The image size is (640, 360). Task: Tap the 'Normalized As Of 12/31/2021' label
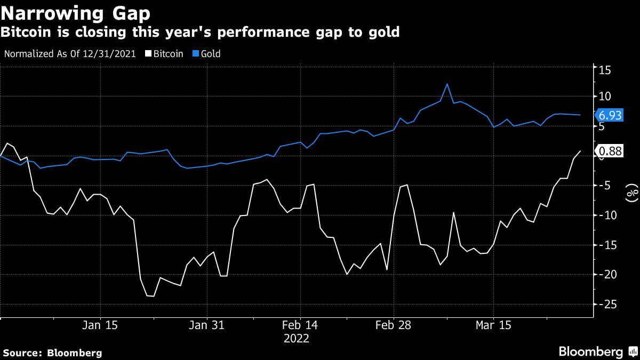69,54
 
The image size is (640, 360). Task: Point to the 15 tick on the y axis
604,70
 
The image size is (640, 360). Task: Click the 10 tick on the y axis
604,97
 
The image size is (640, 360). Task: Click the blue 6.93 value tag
610,115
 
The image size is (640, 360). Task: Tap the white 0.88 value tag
610,151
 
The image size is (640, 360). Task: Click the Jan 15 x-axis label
100,325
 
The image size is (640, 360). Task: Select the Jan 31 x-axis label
207,325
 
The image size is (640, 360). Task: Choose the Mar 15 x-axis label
493,325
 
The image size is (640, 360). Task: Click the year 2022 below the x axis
296,338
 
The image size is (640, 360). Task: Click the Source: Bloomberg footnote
52,353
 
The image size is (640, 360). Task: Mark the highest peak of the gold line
447,84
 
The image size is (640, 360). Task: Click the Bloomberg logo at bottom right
597,351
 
